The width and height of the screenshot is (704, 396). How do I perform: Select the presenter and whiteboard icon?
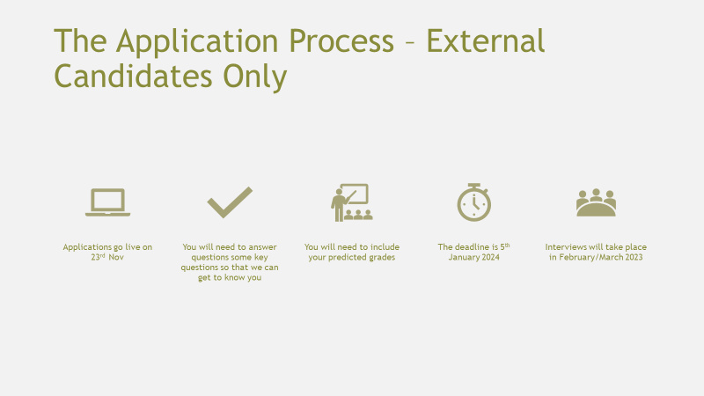[x=352, y=202]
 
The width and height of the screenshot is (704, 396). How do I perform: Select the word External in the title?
[x=486, y=40]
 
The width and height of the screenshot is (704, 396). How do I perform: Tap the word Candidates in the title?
[x=133, y=76]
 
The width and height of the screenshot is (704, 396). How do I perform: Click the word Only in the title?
[x=255, y=77]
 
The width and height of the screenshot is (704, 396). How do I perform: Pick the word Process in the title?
[x=341, y=40]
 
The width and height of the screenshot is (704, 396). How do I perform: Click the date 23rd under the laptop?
[x=98, y=257]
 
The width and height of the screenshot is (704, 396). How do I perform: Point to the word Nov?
[x=116, y=257]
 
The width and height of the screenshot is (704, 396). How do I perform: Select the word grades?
[x=382, y=258]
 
